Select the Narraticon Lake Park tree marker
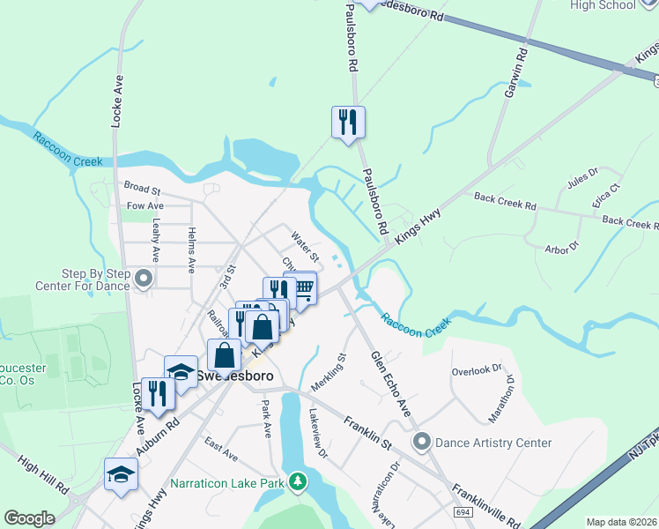(x=299, y=481)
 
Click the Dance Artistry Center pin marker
(x=421, y=442)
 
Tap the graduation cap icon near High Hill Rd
(x=121, y=474)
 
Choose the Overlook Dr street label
(x=476, y=369)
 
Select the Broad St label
(x=142, y=189)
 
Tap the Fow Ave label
(x=144, y=206)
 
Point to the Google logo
(x=29, y=518)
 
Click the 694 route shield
(x=463, y=512)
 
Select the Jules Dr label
(x=582, y=177)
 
